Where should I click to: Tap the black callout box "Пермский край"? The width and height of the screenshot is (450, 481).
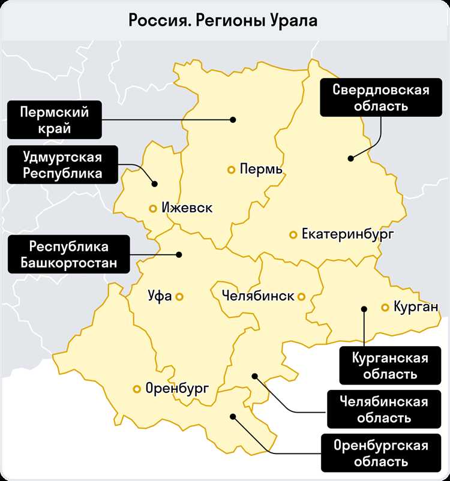[54, 120]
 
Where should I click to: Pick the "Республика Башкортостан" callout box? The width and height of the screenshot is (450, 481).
[68, 254]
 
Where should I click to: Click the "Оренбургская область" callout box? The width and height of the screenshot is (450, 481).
[382, 453]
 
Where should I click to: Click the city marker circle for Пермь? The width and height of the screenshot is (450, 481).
[231, 170]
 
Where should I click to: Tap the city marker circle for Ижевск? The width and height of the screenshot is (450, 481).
[153, 209]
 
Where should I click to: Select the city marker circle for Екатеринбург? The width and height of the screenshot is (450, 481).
[293, 235]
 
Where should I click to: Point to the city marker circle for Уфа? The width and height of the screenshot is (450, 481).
[179, 296]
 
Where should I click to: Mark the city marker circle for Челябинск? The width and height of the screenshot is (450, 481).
[301, 296]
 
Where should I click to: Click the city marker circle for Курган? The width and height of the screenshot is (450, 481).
[385, 308]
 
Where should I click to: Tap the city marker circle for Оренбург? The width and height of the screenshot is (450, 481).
[137, 389]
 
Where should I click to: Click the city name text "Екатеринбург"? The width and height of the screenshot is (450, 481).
[348, 235]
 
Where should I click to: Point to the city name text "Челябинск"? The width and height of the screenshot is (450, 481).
[257, 296]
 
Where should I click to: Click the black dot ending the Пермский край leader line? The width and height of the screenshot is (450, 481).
[233, 120]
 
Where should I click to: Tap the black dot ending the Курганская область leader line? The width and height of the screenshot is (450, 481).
[364, 309]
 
